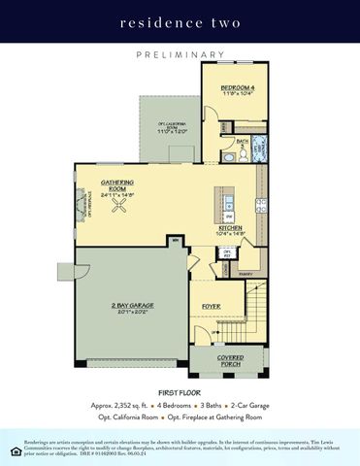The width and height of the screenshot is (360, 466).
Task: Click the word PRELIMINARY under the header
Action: [x=180, y=55]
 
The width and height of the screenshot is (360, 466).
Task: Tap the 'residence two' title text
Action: [x=180, y=20]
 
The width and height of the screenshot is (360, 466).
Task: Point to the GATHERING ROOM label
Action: [x=117, y=185]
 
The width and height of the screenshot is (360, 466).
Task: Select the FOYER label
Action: [x=211, y=306]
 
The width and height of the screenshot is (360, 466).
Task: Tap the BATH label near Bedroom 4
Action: [x=244, y=142]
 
